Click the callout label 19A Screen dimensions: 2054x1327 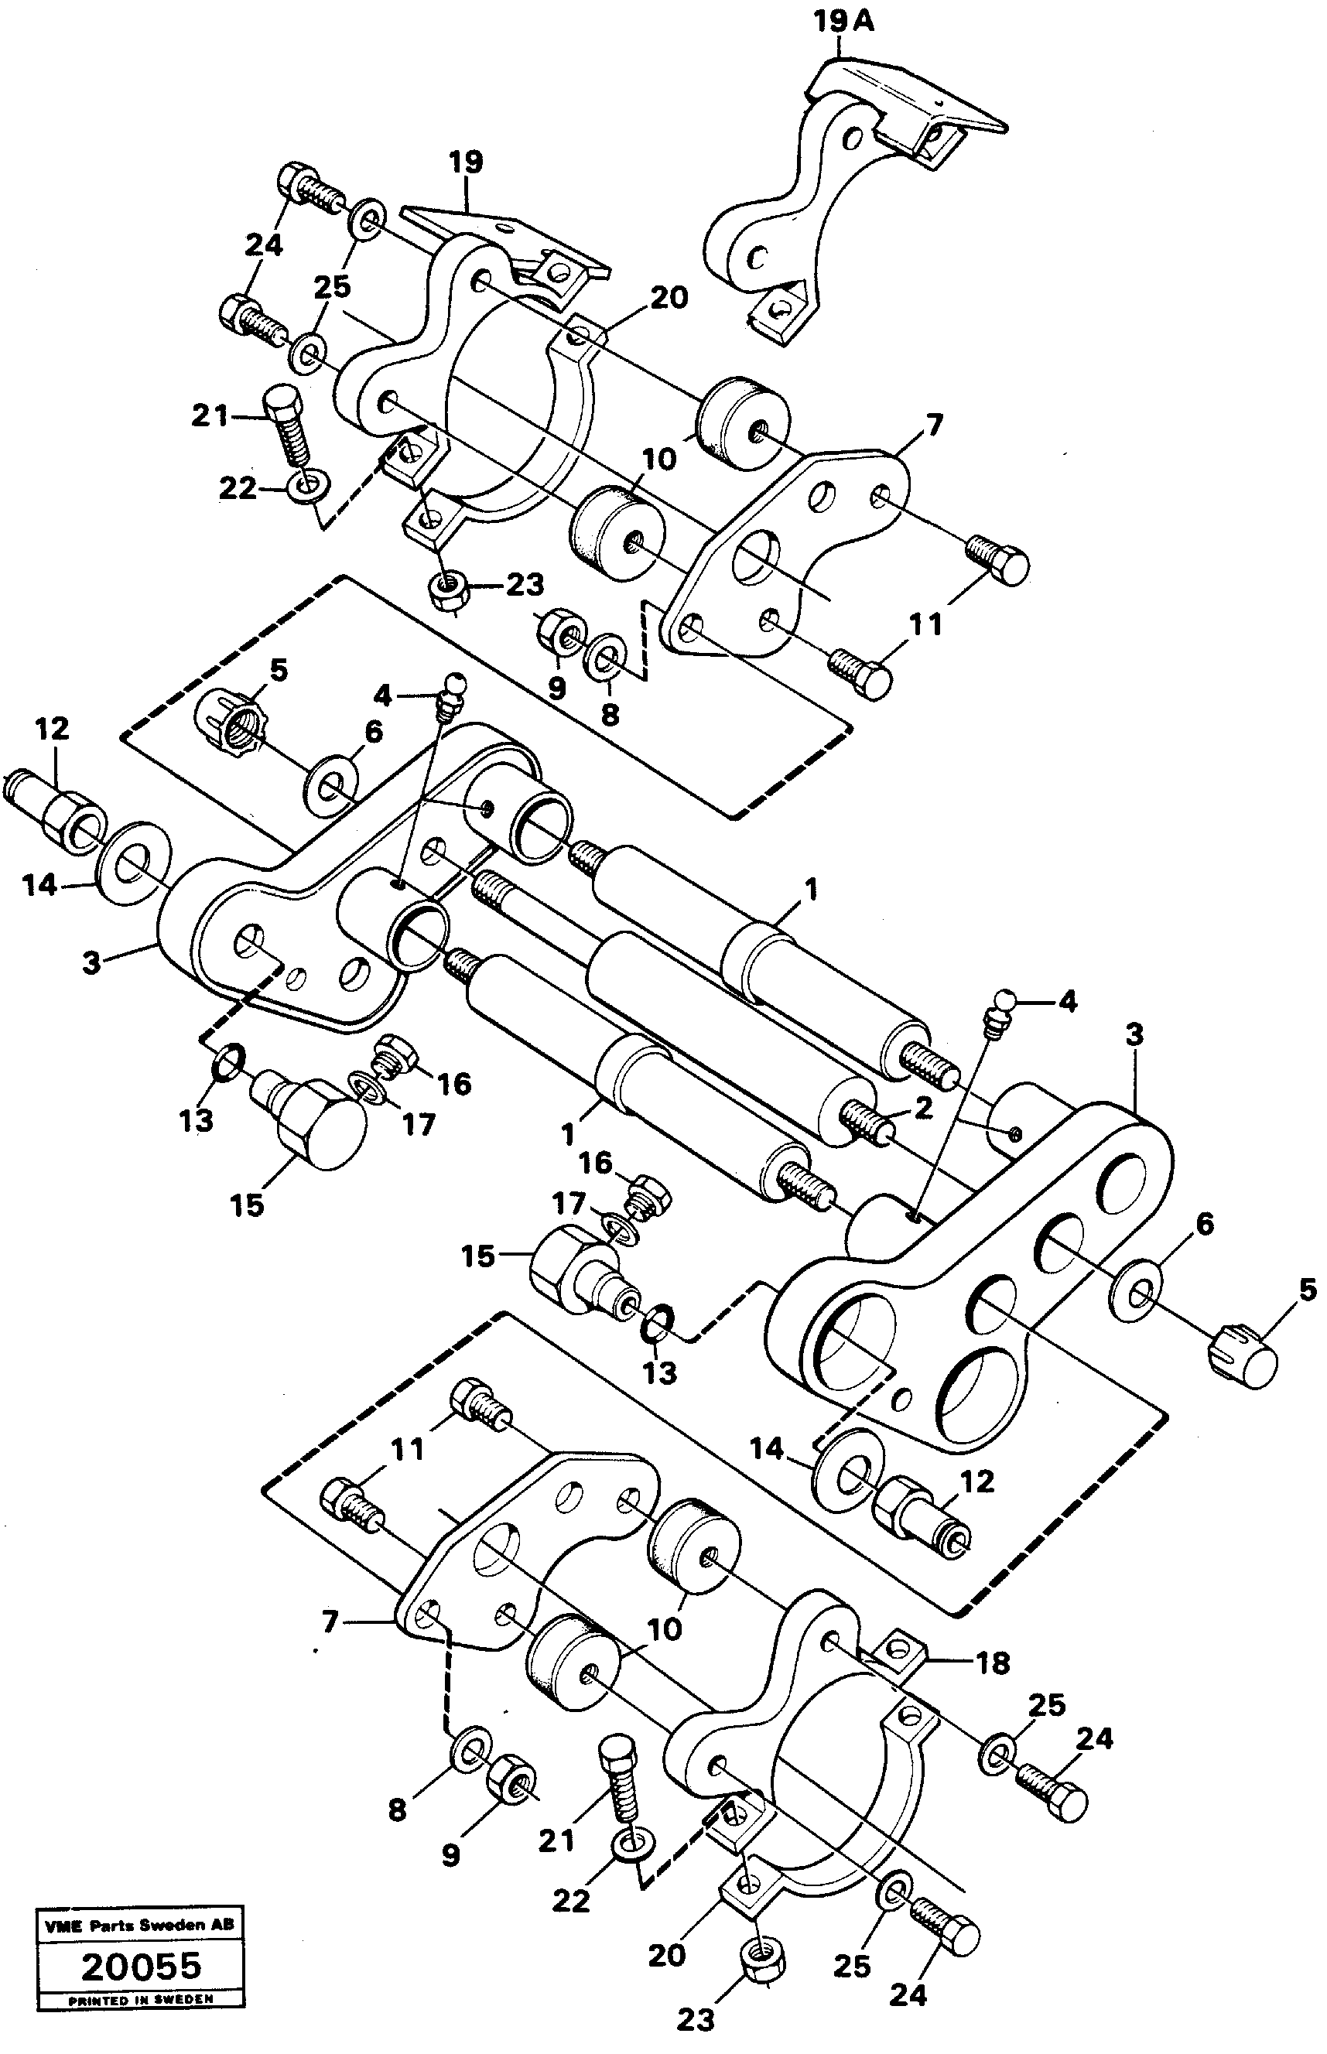843,23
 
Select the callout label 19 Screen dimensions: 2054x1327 466,162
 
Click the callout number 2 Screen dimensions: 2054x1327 923,1108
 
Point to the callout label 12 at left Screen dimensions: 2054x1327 52,729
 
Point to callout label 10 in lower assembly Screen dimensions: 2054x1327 665,1629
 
